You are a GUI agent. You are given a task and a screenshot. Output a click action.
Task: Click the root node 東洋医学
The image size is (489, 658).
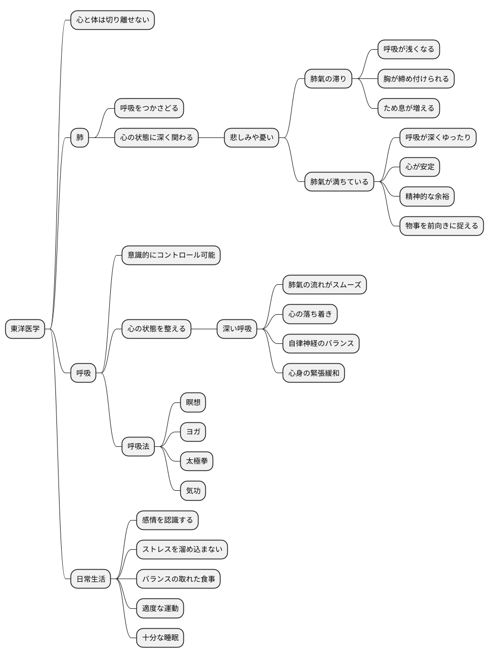(25, 329)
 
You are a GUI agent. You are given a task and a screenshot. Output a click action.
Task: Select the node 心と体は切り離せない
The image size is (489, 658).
(112, 20)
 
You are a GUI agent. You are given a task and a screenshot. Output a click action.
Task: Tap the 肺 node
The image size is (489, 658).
(79, 137)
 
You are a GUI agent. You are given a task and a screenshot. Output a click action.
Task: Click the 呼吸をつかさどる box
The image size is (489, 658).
(149, 108)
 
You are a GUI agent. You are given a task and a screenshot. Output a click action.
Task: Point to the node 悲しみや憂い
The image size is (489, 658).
(251, 137)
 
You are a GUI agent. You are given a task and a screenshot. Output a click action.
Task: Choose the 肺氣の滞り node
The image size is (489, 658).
(328, 79)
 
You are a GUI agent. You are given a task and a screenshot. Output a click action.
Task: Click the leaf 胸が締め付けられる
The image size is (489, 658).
(416, 79)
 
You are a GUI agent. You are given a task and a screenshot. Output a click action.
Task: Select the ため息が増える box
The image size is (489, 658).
(409, 108)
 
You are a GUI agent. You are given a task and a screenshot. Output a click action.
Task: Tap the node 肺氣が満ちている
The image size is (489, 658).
(339, 181)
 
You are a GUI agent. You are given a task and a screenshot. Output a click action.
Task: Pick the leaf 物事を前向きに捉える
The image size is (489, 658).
(441, 226)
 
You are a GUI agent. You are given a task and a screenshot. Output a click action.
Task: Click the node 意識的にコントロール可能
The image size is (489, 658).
(171, 255)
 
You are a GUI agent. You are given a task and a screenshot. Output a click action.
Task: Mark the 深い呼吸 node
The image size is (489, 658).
(237, 329)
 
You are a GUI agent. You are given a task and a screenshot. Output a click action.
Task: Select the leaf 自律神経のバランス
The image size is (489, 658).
(321, 343)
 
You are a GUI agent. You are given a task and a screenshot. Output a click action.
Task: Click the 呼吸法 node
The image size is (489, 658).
(138, 446)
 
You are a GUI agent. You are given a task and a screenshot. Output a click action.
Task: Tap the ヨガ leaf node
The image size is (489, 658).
(193, 432)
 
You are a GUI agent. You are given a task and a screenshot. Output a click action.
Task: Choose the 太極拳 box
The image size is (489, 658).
(196, 461)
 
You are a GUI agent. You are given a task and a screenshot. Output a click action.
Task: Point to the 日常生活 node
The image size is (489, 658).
(90, 579)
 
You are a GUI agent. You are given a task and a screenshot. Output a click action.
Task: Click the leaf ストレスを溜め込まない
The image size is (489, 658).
(182, 549)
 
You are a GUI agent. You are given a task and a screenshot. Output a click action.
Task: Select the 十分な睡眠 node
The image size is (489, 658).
(160, 638)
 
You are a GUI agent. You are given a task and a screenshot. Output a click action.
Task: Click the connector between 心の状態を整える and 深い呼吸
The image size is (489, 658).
(204, 329)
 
